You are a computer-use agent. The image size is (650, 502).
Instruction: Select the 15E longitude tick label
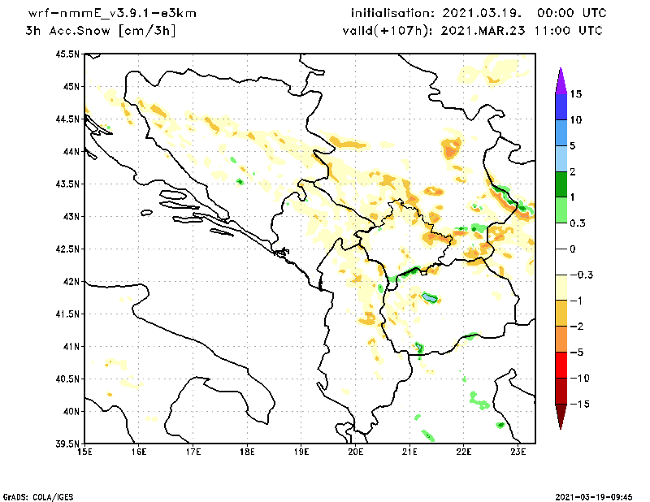click(x=84, y=452)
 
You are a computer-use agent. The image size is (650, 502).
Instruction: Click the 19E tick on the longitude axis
click(x=301, y=452)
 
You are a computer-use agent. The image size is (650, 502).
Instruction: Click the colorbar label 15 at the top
click(x=576, y=93)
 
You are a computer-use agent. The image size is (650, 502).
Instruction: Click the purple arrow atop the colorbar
click(x=561, y=80)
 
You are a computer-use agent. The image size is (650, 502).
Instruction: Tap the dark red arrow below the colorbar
click(x=561, y=416)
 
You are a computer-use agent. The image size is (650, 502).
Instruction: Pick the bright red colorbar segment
click(x=561, y=365)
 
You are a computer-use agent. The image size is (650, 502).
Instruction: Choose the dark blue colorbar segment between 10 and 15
click(x=561, y=106)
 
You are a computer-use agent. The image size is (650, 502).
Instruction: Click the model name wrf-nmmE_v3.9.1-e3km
click(x=111, y=14)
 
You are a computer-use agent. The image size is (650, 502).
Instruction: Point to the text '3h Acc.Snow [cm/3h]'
click(x=101, y=31)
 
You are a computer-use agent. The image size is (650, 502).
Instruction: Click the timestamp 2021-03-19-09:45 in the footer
click(x=594, y=496)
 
